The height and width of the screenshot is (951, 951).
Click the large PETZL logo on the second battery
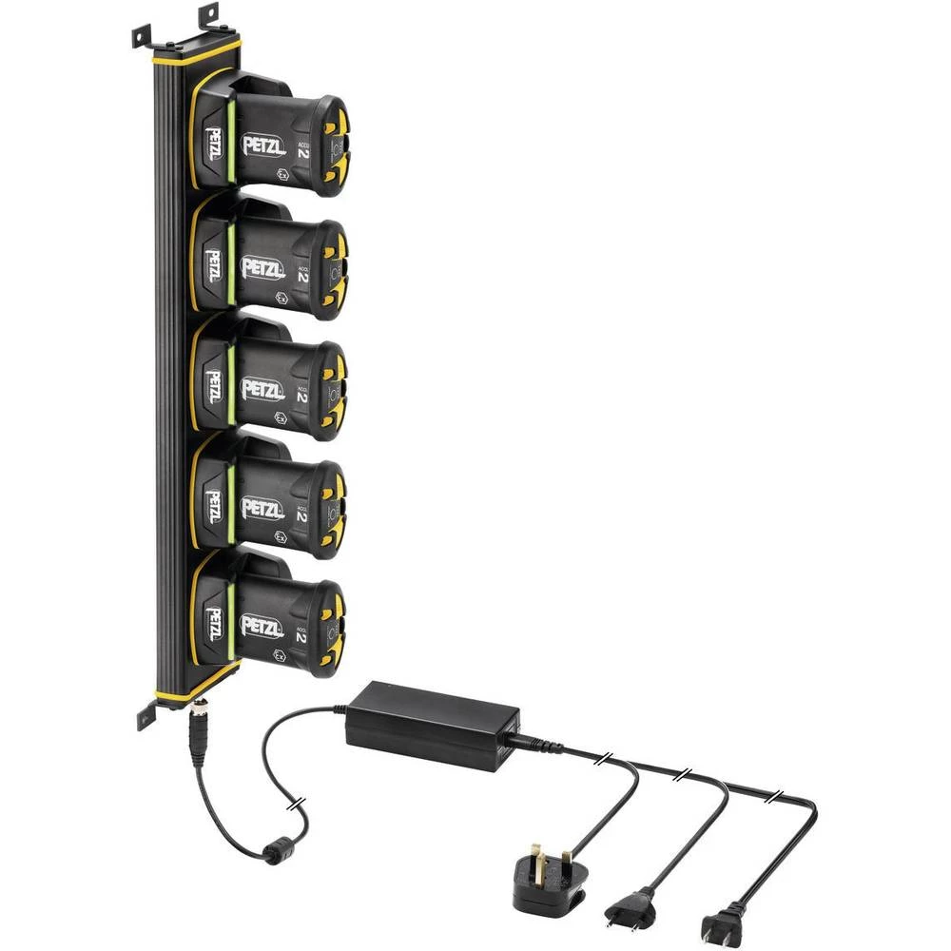pos(262,269)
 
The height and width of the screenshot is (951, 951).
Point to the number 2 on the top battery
pos(302,147)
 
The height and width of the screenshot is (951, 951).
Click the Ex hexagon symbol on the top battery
pos(282,175)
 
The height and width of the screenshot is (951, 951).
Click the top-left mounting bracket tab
pos(141,36)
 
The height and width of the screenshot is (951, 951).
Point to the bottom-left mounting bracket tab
pos(146,716)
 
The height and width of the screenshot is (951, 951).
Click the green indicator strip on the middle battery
pos(228,386)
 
